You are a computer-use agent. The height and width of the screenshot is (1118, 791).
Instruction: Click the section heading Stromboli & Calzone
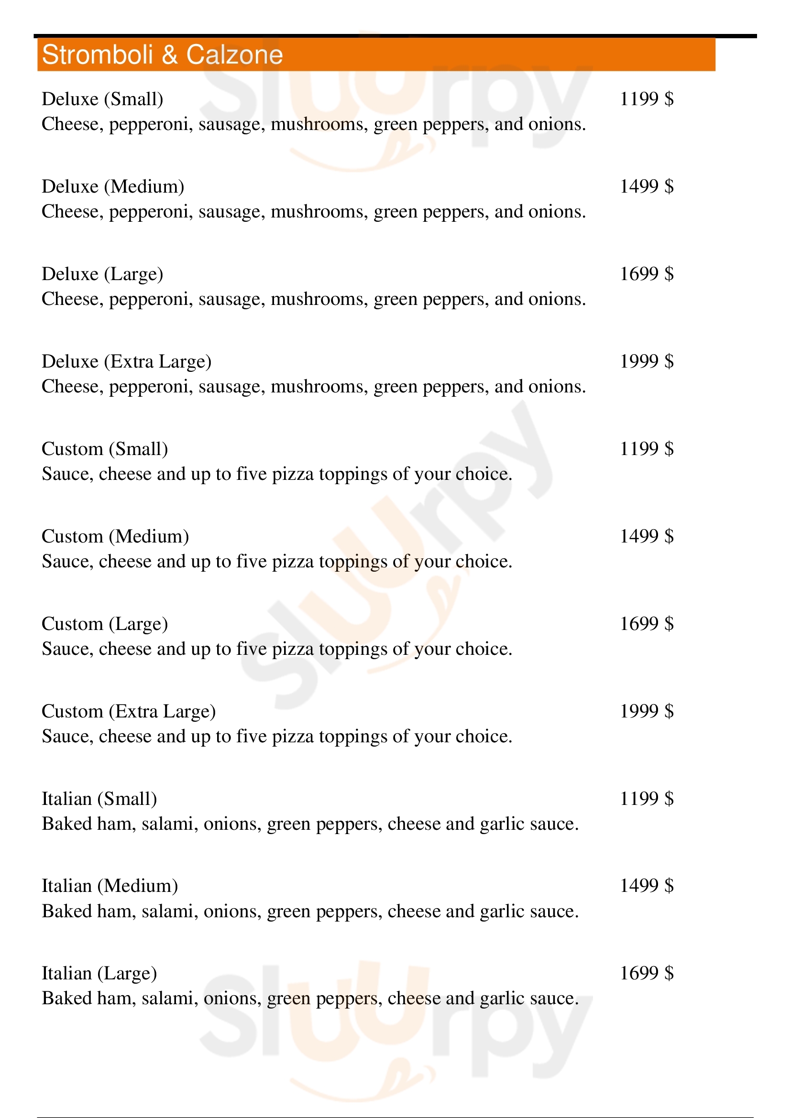(x=162, y=54)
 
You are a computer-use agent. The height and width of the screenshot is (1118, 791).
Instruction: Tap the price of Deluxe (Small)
(x=647, y=99)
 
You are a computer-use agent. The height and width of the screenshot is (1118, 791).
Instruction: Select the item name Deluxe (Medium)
(x=112, y=186)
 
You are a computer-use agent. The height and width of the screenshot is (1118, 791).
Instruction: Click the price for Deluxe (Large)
(x=647, y=274)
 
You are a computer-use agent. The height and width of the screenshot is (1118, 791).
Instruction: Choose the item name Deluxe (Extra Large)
(x=126, y=361)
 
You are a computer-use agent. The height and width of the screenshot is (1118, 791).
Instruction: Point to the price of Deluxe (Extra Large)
(x=647, y=361)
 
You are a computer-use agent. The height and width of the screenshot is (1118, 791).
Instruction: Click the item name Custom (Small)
(x=105, y=448)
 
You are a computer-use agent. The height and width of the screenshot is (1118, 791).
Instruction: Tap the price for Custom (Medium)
(x=647, y=536)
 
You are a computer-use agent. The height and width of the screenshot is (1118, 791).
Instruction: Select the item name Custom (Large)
(x=105, y=624)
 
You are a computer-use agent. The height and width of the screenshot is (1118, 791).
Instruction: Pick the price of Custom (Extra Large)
(x=647, y=711)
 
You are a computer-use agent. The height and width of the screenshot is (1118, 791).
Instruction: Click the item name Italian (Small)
(x=99, y=799)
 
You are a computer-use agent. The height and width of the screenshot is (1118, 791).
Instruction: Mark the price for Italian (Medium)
(x=647, y=885)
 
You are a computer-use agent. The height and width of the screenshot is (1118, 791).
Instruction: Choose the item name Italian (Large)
(x=99, y=973)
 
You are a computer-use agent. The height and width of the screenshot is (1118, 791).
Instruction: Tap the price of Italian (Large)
(x=647, y=973)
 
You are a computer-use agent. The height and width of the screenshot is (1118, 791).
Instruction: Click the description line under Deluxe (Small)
(x=313, y=124)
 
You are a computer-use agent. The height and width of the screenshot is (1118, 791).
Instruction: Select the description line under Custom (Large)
(x=276, y=649)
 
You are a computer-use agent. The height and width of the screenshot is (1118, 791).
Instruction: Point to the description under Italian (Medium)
(x=310, y=911)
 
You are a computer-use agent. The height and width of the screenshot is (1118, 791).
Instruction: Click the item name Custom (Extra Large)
(x=129, y=711)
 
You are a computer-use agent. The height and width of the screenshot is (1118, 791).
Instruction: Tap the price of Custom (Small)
(x=647, y=448)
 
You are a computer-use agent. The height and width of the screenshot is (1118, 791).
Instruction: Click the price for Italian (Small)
(x=647, y=798)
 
